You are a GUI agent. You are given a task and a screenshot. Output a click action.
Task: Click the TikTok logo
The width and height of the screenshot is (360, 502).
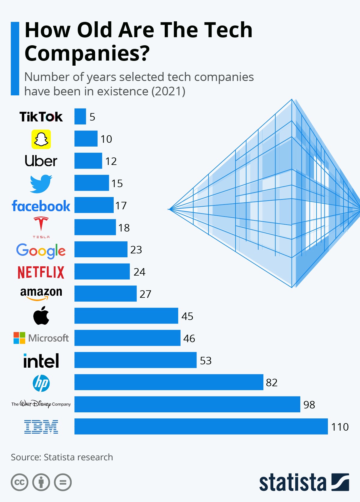tap(41, 117)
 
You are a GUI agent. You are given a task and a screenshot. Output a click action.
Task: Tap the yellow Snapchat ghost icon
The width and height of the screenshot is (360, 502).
tap(41, 139)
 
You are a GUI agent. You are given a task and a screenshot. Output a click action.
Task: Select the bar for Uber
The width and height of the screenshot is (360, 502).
tap(88, 161)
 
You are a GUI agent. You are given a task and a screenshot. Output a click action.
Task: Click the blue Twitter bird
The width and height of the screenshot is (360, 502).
tap(41, 184)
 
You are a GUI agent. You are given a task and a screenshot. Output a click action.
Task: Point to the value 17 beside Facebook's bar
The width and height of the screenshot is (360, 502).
tap(121, 205)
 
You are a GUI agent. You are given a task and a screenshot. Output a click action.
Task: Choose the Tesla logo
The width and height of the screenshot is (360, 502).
tap(41, 227)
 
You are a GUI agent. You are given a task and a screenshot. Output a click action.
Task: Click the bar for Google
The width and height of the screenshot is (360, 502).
tap(101, 249)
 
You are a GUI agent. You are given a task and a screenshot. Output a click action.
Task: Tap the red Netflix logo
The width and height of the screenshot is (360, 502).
tap(41, 272)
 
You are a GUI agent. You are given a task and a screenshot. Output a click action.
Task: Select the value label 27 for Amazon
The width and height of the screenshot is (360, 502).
tap(145, 294)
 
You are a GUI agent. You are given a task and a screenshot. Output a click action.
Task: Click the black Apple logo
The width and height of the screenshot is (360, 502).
tap(41, 316)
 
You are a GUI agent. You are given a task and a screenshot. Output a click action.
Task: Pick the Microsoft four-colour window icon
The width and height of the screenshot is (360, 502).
tap(19, 338)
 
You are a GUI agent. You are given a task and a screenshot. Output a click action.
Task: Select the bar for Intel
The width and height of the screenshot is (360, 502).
tap(135, 360)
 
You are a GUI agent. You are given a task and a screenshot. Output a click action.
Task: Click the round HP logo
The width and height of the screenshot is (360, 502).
tap(41, 383)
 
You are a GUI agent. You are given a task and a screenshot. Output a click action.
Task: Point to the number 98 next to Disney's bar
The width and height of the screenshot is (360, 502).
tap(309, 405)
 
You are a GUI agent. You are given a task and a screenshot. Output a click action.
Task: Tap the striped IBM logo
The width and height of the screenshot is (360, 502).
tap(41, 427)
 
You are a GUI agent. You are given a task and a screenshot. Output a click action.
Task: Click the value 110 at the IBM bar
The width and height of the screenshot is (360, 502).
tap(340, 427)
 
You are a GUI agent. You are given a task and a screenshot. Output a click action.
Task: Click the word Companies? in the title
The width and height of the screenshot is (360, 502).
tap(87, 53)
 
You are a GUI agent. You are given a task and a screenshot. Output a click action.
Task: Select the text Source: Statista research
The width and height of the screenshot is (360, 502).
tap(62, 457)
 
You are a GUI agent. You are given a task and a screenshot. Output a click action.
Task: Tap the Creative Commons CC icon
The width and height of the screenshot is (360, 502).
tap(19, 482)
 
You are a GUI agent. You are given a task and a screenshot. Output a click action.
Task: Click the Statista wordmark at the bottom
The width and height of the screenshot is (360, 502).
tap(292, 482)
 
